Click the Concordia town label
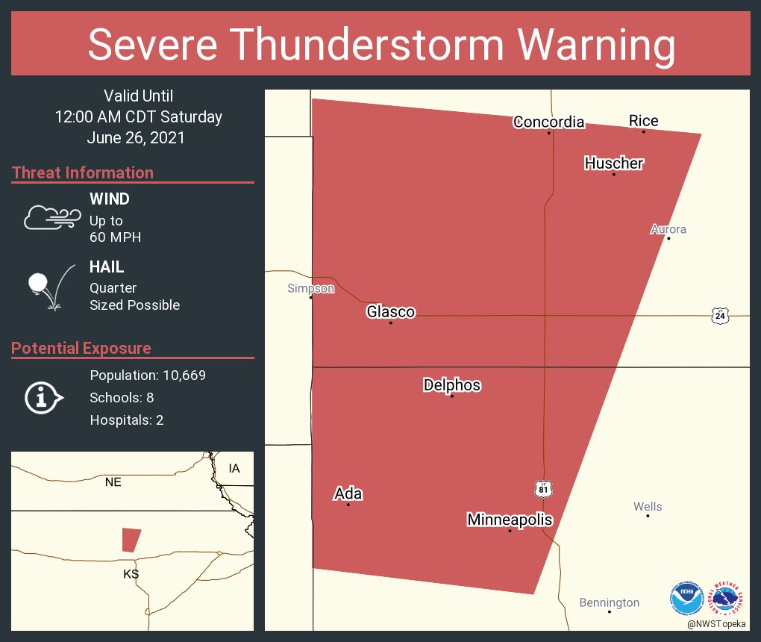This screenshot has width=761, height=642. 548,122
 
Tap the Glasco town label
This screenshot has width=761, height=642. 390,312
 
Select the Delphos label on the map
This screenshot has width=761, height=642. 451,385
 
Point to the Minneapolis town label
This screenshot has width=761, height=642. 510,520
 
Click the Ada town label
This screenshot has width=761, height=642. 348,493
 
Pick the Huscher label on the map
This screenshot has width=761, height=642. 613,163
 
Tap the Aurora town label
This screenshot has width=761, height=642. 668,229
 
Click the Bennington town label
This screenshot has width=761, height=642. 610,602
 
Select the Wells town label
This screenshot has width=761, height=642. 648,507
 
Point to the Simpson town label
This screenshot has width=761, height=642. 311,288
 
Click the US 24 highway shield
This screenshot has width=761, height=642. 719,316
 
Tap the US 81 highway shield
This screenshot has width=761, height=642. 543,488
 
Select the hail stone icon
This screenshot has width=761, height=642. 37,284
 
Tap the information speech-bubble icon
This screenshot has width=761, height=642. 43,397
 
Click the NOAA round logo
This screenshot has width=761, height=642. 686,598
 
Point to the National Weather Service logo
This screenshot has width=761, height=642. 727,598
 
